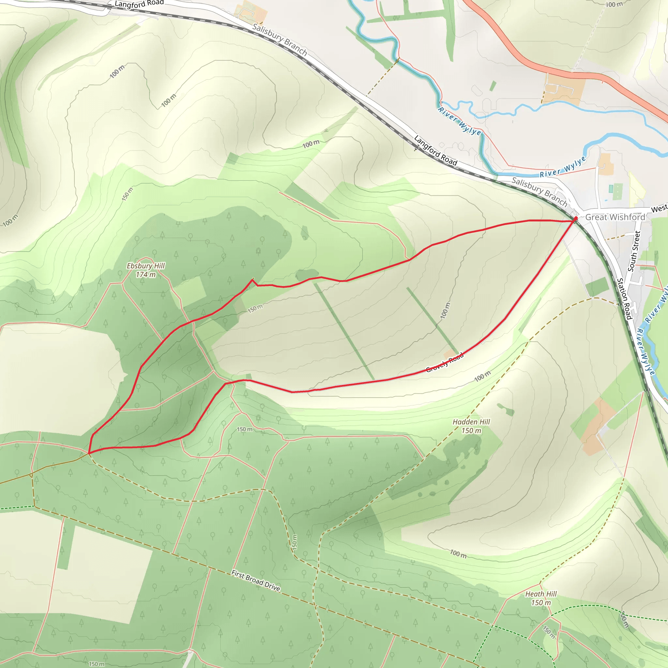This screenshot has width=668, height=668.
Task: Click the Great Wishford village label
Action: [x=615, y=217]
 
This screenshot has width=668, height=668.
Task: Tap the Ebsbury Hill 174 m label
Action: [x=145, y=270]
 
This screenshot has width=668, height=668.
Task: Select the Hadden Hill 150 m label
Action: [x=471, y=426]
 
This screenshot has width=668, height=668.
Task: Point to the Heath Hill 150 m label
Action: [x=541, y=598]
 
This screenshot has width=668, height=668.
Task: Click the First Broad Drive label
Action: [x=255, y=581]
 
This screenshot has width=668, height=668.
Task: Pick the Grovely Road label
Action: [x=445, y=363]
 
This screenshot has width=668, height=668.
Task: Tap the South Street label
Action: [x=634, y=251]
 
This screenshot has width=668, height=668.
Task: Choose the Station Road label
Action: [x=624, y=299]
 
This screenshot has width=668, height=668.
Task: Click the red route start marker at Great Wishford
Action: [x=575, y=219]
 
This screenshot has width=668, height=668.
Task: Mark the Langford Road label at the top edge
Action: [x=139, y=4]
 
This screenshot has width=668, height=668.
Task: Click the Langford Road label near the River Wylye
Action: [x=436, y=150]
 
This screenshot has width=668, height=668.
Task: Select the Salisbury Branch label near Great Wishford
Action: [x=539, y=191]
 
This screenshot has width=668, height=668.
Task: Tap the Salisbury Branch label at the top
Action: [x=280, y=39]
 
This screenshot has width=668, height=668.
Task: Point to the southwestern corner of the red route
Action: [x=89, y=453]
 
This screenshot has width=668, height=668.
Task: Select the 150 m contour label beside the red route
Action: [x=255, y=309]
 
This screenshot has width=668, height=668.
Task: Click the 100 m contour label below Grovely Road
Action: [x=482, y=376]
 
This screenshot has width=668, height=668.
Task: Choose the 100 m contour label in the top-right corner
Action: [x=614, y=5]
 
